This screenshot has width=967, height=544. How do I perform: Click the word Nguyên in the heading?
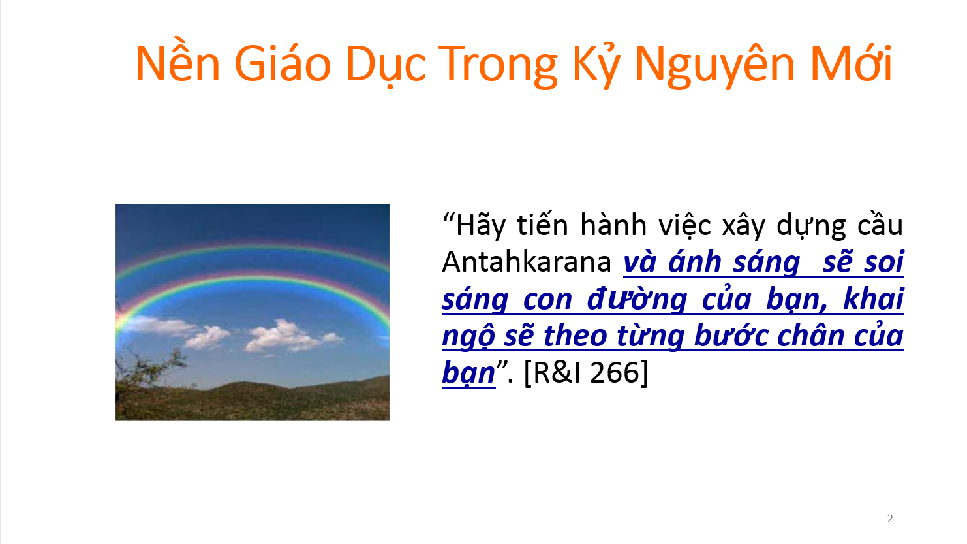click(x=714, y=63)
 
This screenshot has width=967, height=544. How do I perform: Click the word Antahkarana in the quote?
click(x=527, y=262)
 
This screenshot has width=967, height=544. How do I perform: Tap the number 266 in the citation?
click(x=613, y=372)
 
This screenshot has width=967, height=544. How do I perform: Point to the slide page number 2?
click(x=890, y=519)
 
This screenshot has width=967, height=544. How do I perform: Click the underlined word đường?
click(x=637, y=299)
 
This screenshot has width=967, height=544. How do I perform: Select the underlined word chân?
click(x=810, y=335)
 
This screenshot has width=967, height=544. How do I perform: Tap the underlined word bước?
click(x=731, y=335)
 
